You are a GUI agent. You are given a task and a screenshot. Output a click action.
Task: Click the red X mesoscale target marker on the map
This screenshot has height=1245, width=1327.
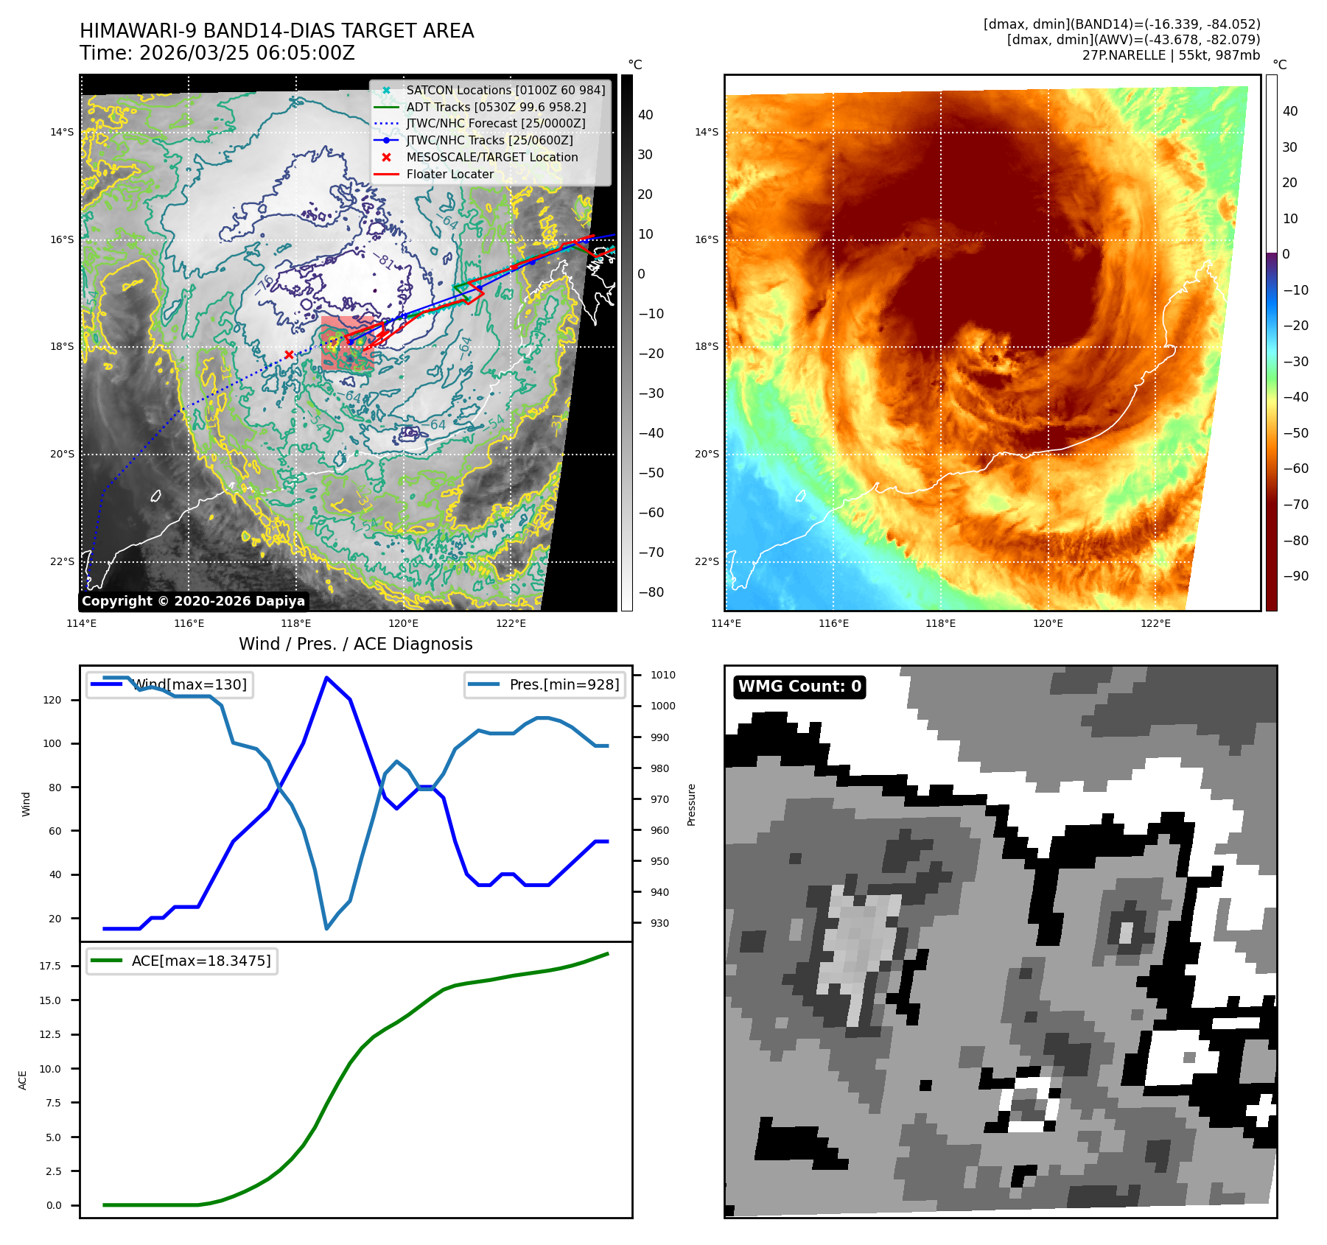click(289, 354)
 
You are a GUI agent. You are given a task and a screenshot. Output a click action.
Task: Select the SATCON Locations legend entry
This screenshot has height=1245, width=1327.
click(505, 90)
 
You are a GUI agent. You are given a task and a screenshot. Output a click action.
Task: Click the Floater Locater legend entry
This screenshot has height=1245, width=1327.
click(449, 174)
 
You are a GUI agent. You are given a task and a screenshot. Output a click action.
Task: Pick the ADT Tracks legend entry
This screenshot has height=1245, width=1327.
click(496, 107)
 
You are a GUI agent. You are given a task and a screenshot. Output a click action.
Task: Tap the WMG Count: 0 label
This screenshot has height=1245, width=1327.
click(799, 687)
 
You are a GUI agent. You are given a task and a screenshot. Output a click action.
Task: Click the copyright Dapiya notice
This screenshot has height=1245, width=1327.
click(193, 601)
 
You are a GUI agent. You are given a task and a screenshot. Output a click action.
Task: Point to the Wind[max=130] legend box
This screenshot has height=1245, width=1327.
click(169, 684)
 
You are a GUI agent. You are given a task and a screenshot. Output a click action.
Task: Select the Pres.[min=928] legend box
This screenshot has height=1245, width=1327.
click(545, 684)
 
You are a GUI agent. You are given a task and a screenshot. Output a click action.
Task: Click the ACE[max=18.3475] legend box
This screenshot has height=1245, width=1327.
click(181, 961)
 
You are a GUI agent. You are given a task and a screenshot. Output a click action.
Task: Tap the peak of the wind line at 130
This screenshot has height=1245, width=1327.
click(326, 678)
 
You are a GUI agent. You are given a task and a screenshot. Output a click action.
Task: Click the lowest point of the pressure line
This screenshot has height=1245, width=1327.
click(326, 928)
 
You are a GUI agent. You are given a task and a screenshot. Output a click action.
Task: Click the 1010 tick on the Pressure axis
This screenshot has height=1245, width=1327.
click(662, 675)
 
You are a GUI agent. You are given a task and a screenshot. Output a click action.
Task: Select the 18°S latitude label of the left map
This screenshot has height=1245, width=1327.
click(62, 347)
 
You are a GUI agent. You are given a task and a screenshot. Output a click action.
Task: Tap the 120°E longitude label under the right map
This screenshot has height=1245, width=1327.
click(1048, 623)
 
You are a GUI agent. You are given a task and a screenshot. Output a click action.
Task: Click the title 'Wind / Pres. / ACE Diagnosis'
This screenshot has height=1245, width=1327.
click(355, 644)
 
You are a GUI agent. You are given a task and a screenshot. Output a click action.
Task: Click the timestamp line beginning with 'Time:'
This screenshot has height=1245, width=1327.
click(217, 53)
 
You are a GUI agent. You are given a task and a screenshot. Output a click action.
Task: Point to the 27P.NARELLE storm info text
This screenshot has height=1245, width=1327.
click(1171, 55)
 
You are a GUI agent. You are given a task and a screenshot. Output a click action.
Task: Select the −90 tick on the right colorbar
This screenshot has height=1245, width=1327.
click(1295, 576)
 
